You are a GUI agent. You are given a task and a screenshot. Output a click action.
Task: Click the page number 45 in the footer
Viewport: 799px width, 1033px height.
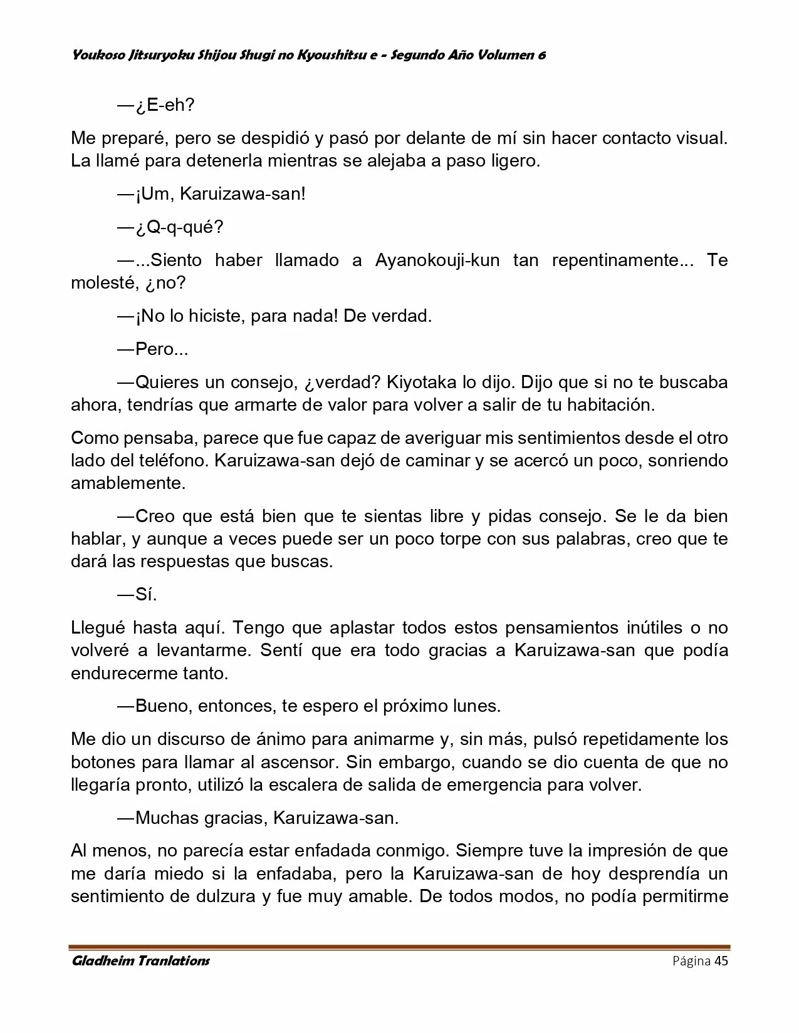click(x=721, y=961)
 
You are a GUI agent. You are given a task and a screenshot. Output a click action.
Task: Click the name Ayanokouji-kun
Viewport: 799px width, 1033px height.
click(x=437, y=260)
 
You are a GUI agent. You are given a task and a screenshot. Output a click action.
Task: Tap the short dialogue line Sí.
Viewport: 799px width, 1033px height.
click(x=145, y=595)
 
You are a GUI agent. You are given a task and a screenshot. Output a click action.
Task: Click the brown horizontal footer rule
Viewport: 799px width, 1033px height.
click(x=399, y=947)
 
